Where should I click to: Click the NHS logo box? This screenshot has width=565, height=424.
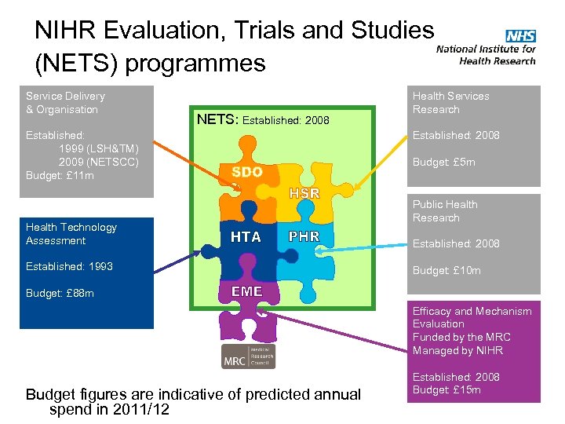point(520,36)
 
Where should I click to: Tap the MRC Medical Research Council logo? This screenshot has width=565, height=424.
point(248,356)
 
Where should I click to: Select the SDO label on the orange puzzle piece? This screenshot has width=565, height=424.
point(246,172)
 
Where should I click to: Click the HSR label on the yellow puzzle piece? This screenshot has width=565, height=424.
point(304,192)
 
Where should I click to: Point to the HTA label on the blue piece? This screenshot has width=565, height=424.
point(246,236)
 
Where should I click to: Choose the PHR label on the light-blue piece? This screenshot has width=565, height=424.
point(304,236)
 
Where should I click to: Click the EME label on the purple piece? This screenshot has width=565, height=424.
point(246,291)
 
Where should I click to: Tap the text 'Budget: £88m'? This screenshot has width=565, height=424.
point(60,293)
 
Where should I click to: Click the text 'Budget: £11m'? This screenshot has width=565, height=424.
point(60,175)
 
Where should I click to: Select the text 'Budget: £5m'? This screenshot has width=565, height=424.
point(443,163)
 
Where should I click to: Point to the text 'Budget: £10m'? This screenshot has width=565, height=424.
point(447,270)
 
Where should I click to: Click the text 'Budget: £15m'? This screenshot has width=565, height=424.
point(447,389)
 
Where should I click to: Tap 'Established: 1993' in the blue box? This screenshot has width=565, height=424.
point(69,266)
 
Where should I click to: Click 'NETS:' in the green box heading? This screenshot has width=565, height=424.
point(217,120)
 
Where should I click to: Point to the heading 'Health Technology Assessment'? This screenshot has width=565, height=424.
point(71,233)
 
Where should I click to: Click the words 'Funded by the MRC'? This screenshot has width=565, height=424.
point(461,337)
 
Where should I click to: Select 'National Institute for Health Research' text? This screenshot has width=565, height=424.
point(486,54)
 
